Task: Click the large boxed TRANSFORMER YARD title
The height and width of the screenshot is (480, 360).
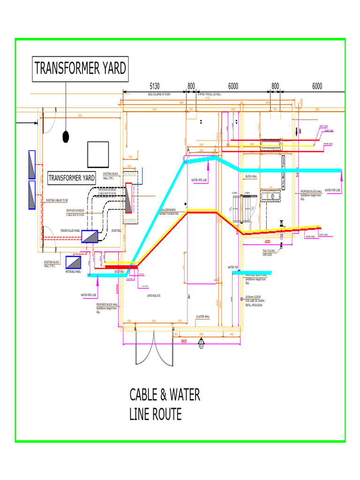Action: pos(80,69)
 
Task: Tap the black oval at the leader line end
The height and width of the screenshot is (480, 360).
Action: pos(66,136)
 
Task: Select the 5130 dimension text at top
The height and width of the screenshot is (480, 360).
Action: pos(155,86)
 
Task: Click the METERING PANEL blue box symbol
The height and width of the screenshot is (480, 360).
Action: pos(74,262)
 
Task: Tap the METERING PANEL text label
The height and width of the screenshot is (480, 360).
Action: pos(74,271)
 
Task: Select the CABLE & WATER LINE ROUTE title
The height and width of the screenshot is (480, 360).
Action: pos(165,405)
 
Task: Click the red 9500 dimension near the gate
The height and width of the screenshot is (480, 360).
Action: pos(184,342)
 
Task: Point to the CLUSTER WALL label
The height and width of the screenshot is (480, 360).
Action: pos(203,316)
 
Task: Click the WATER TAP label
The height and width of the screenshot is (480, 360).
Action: pos(233,268)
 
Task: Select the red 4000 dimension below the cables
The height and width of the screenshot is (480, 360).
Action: pos(268,242)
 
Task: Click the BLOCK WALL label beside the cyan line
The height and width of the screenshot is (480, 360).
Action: pos(251,177)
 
